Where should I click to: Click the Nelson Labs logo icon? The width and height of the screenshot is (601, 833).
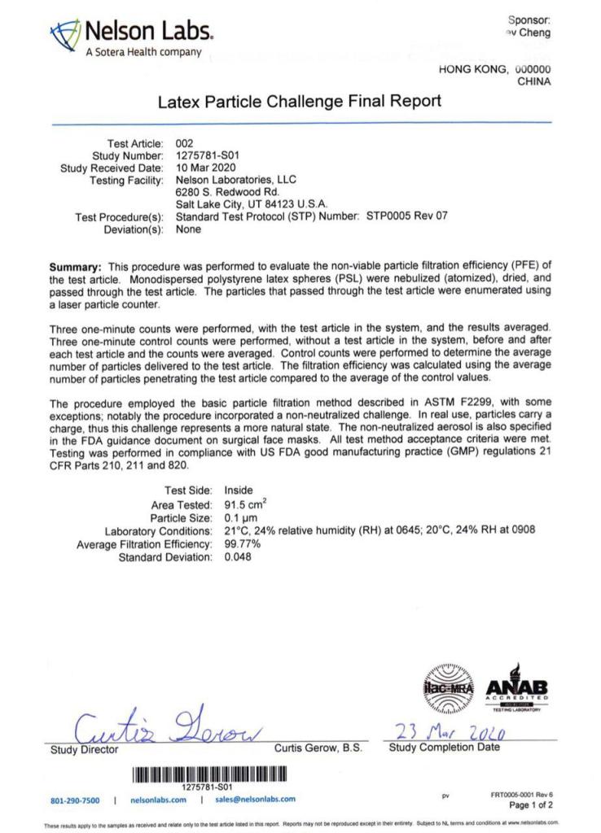(x=66, y=36)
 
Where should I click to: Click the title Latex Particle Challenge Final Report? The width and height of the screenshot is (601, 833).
(x=299, y=102)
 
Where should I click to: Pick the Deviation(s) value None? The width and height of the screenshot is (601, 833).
(x=188, y=229)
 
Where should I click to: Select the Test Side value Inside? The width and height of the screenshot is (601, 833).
(x=239, y=491)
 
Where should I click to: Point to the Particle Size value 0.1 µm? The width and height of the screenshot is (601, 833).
(x=241, y=517)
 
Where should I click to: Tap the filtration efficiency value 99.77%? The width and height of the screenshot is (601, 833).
(x=242, y=543)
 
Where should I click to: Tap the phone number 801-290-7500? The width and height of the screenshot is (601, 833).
(x=75, y=800)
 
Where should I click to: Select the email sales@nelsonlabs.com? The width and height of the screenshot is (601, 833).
(x=256, y=800)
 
